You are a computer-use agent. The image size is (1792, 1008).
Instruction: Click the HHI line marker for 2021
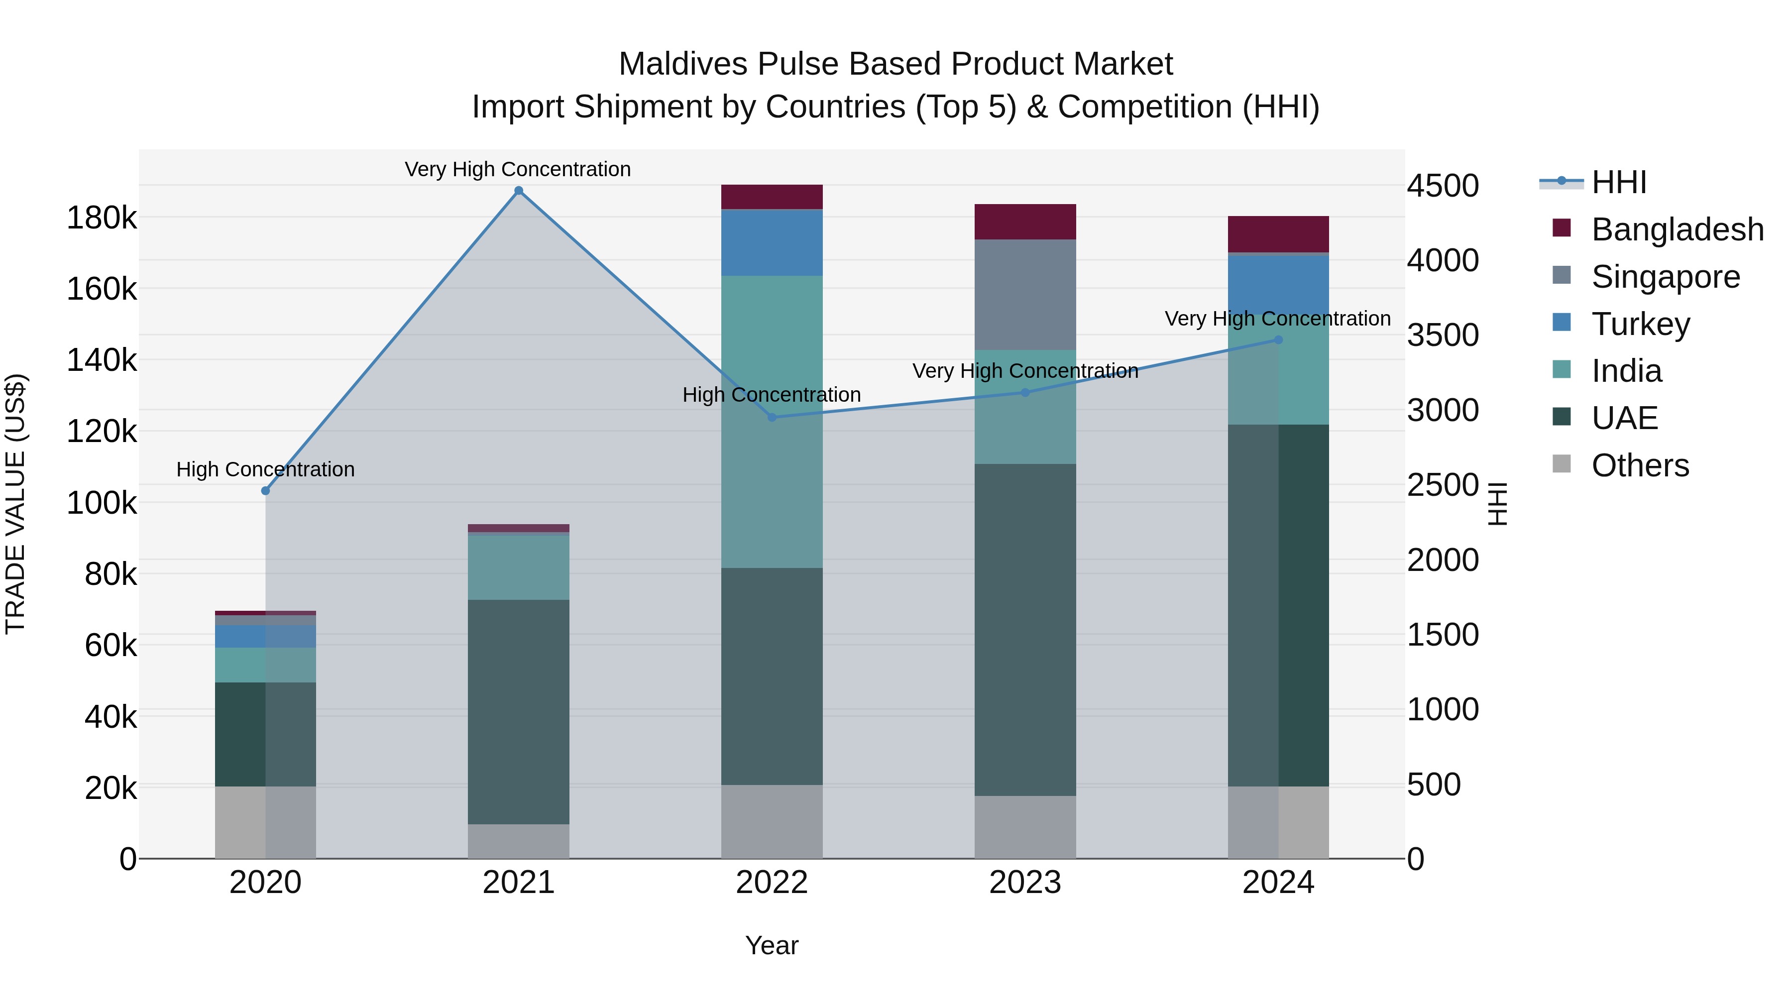click(518, 191)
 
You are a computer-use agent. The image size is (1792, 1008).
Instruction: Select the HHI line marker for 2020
click(265, 490)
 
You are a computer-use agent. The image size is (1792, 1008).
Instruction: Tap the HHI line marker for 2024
click(1278, 339)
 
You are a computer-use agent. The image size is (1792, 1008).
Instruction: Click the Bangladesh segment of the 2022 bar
click(772, 197)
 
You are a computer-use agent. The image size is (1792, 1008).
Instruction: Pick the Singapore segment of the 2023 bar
click(1025, 294)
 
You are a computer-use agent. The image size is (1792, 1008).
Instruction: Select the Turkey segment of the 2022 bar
click(772, 242)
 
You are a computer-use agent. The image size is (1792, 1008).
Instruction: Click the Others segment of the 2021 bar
click(518, 841)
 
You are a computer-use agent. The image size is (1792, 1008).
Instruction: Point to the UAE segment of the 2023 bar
click(1025, 630)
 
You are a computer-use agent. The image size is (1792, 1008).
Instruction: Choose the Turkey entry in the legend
click(1640, 324)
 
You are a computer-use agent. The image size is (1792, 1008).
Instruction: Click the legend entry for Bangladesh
click(1677, 229)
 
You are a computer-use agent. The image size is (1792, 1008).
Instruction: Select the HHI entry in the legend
click(1618, 182)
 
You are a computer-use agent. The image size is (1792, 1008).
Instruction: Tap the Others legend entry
click(1640, 465)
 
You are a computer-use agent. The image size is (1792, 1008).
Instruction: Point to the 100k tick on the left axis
click(102, 503)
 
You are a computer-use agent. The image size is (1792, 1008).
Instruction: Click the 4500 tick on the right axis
click(1443, 186)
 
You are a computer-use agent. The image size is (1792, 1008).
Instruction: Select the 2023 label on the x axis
click(1025, 883)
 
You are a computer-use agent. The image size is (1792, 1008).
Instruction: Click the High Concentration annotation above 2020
click(265, 469)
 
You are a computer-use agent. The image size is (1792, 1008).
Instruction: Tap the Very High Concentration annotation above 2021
click(518, 169)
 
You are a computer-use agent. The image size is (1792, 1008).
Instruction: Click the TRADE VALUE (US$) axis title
click(16, 503)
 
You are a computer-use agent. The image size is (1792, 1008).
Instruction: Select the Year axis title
click(772, 945)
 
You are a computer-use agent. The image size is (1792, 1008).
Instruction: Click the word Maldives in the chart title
click(682, 64)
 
